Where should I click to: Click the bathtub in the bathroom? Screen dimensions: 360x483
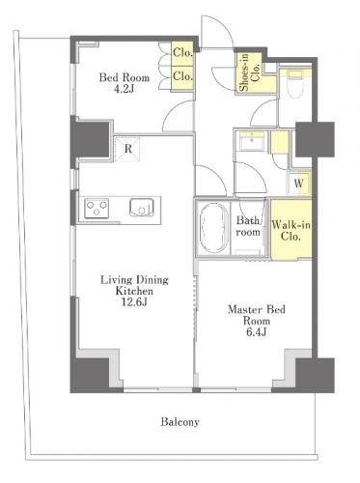point(212,228)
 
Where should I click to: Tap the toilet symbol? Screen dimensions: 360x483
point(295,84)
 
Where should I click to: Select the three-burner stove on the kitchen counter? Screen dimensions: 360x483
point(97,208)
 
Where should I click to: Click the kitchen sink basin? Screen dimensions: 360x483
point(142,208)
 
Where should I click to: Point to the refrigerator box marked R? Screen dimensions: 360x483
point(127,149)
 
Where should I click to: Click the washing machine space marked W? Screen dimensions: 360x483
point(299,184)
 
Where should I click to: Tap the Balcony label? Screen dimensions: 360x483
point(180,421)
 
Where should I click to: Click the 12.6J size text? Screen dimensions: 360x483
point(134,302)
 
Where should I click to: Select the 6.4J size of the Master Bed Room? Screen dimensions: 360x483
point(257,332)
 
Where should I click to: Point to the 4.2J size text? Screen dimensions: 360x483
point(124,89)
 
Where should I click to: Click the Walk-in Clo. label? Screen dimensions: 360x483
point(291,231)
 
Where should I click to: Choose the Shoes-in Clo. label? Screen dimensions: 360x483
point(250,72)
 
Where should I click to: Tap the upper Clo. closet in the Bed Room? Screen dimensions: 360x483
point(182,53)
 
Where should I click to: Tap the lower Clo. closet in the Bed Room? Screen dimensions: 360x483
point(182,77)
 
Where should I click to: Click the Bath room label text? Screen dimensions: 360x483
point(248,226)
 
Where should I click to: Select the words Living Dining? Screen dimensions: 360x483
point(134,279)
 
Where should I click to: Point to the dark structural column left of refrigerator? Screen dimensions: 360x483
point(92,139)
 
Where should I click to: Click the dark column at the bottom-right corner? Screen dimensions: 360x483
point(315,375)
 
